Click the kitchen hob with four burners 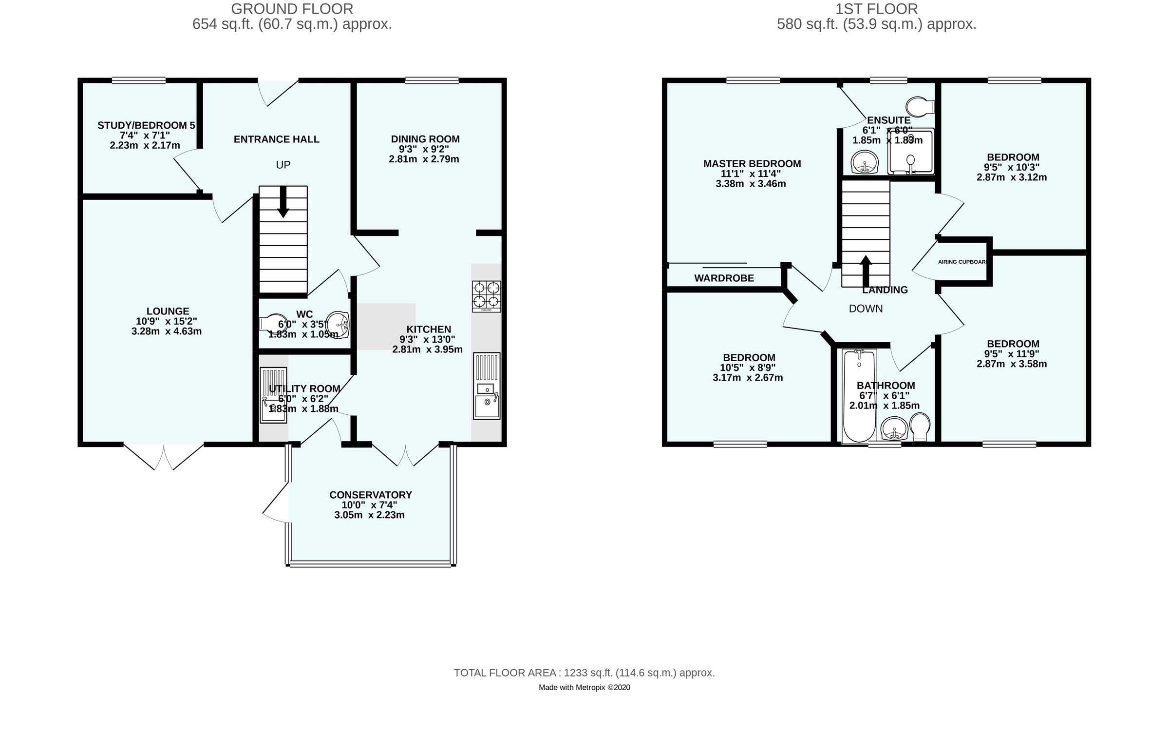click(x=486, y=296)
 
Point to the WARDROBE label click(x=724, y=278)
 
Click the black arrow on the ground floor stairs click(x=283, y=202)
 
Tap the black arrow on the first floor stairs click(x=866, y=271)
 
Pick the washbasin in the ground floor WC click(x=338, y=325)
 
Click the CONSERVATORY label click(x=371, y=495)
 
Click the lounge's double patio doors click(x=164, y=456)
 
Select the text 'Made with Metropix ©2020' click(x=584, y=687)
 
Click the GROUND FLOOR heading click(x=292, y=9)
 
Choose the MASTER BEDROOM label click(x=752, y=164)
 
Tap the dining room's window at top click(x=432, y=80)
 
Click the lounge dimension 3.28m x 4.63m click(x=167, y=331)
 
